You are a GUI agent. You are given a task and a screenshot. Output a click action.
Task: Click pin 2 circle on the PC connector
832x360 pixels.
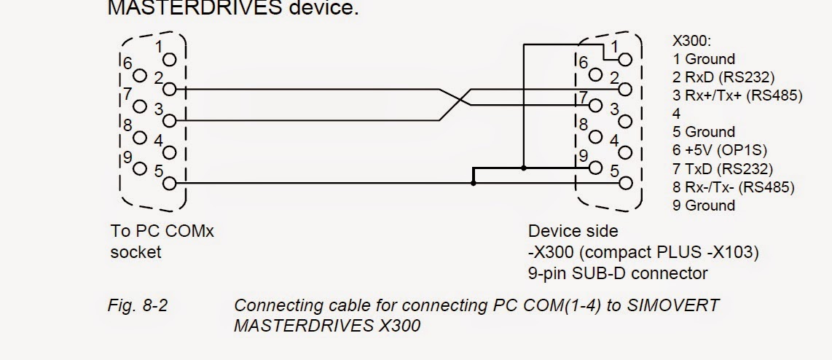click(169, 90)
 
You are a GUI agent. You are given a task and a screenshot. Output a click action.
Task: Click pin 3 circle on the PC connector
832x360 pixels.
click(169, 121)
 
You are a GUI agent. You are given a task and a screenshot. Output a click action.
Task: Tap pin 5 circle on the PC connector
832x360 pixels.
click(169, 183)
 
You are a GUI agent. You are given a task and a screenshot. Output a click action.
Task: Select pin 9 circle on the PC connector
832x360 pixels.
click(140, 168)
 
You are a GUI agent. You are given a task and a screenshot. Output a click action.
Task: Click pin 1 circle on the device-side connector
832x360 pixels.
click(626, 60)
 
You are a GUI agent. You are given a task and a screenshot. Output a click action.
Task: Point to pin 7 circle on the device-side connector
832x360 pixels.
click(596, 106)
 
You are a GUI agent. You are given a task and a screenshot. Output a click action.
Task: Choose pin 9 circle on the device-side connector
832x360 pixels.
click(596, 168)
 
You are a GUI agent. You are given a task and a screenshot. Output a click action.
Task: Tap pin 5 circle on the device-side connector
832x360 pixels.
click(626, 183)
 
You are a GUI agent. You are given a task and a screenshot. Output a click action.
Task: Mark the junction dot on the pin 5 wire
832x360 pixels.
click(474, 183)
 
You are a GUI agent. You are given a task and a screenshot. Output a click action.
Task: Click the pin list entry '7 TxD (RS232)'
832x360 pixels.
click(723, 169)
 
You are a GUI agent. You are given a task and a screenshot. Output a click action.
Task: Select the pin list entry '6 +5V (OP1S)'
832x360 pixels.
click(720, 150)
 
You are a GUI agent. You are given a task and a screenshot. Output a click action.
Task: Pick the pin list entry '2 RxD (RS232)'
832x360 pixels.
click(723, 77)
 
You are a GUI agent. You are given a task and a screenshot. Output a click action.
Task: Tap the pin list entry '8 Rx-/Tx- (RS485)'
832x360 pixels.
click(734, 187)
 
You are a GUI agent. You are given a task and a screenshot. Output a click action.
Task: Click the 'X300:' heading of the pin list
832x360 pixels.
click(692, 41)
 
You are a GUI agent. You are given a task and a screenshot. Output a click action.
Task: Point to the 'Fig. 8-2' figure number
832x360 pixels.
click(138, 306)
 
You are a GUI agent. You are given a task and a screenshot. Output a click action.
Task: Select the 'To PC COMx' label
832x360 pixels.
click(162, 232)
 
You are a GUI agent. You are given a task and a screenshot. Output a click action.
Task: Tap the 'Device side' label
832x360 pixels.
click(573, 231)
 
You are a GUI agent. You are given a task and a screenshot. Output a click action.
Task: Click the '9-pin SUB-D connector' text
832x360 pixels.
click(618, 273)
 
